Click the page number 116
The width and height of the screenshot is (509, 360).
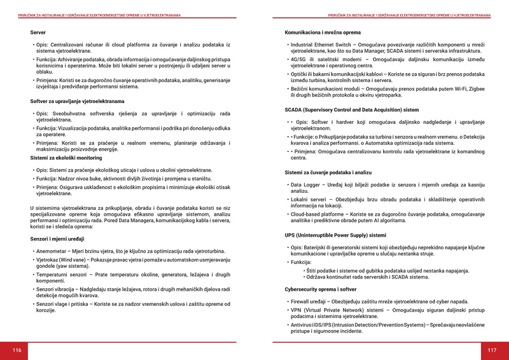click(x=17, y=350)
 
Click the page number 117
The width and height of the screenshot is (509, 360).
click(x=492, y=350)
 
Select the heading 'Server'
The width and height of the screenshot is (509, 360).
click(x=38, y=32)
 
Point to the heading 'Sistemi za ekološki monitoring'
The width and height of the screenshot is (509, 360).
click(x=66, y=157)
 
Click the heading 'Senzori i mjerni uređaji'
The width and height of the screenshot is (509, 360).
click(x=58, y=239)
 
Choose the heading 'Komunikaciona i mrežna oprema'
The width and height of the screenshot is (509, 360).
click(x=323, y=32)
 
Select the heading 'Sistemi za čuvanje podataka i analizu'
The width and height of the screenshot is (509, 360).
click(x=328, y=172)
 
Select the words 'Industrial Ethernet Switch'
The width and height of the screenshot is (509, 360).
click(x=321, y=45)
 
